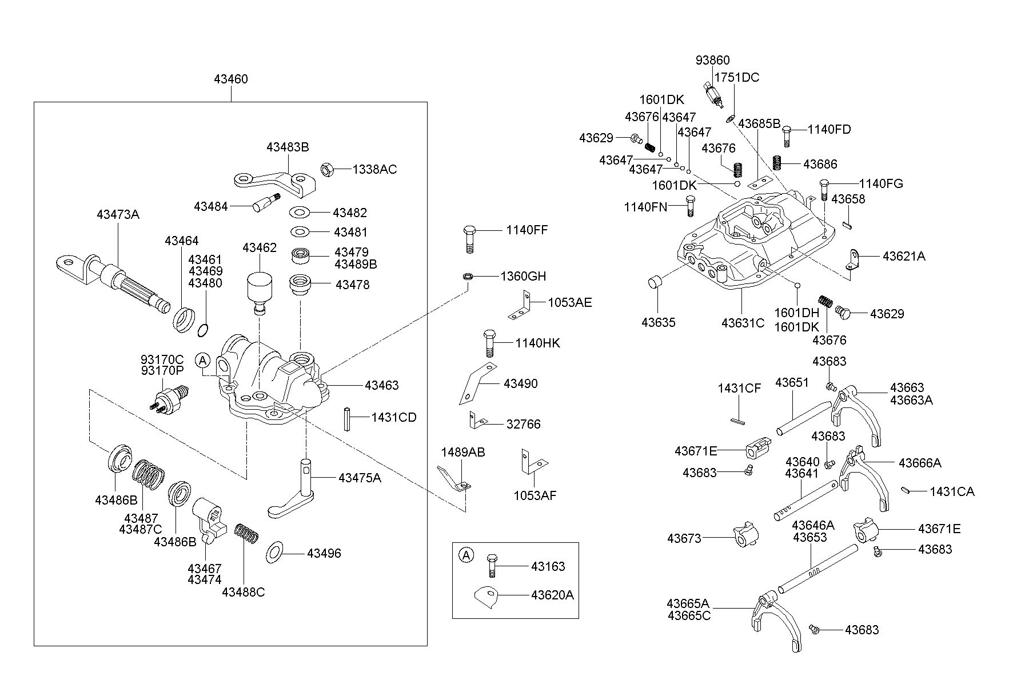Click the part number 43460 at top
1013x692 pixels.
point(231,79)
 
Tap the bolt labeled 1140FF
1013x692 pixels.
point(468,239)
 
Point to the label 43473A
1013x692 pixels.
point(118,215)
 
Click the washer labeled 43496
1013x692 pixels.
point(276,553)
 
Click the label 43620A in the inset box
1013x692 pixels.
point(552,595)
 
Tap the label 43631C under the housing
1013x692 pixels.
point(743,323)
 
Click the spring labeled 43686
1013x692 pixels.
point(777,162)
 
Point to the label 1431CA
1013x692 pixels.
point(952,491)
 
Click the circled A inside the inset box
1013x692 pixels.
point(467,555)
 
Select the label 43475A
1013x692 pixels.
point(360,478)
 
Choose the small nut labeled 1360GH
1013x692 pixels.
point(466,277)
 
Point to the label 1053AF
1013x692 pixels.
point(535,495)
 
